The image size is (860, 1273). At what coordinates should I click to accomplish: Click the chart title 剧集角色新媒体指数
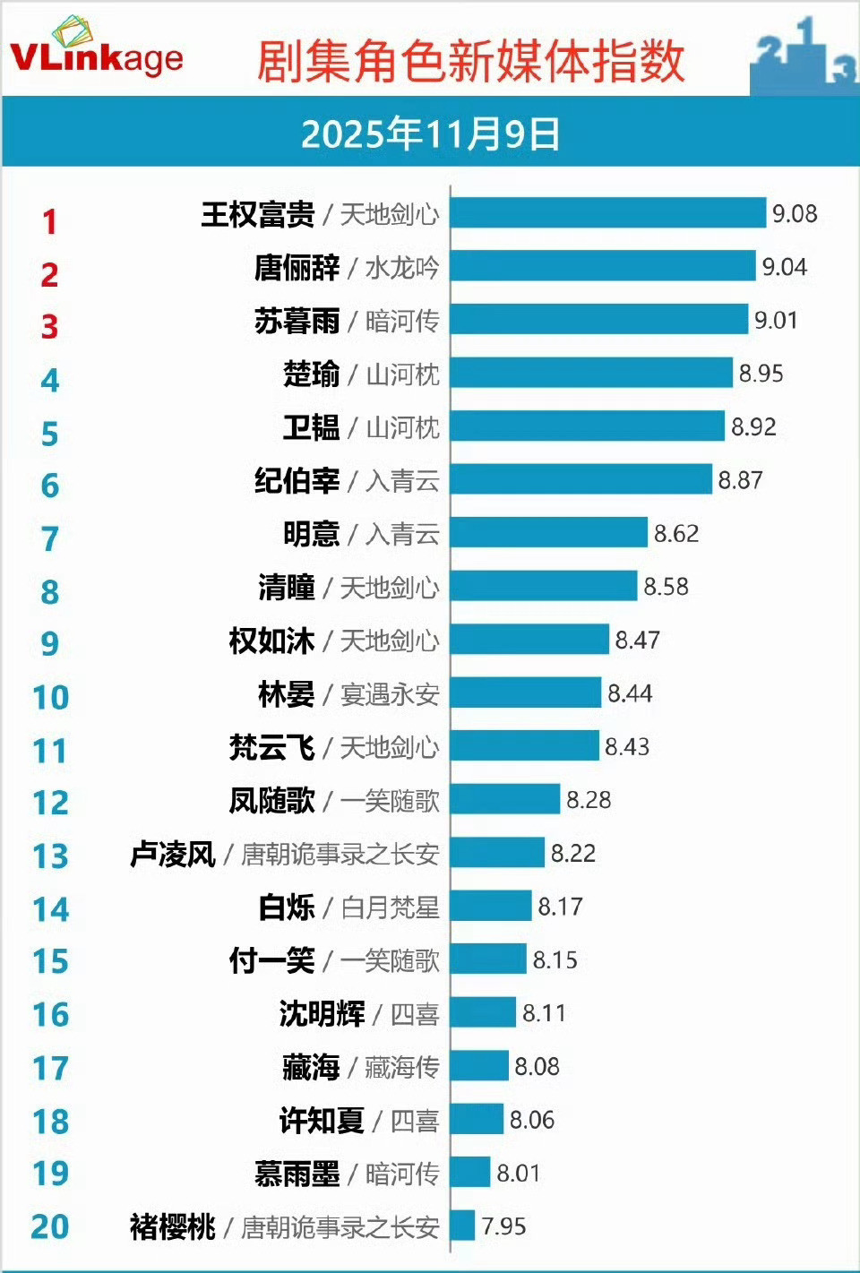coord(470,61)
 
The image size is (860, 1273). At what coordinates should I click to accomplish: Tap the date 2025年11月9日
coord(430,134)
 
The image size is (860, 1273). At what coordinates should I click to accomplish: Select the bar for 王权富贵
coord(608,213)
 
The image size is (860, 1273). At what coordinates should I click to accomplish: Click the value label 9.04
coord(784,267)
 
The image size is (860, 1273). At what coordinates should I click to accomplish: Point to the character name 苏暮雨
coord(297,321)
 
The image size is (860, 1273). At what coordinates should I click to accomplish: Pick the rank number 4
coord(50,381)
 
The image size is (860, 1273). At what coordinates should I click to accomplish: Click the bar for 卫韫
coord(587,426)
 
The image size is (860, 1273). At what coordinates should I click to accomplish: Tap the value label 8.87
coord(740,480)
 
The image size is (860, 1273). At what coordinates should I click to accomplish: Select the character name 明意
coord(311,534)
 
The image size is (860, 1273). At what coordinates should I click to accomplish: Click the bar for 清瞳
coord(544,587)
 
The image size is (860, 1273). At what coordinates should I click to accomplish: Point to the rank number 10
coord(50,698)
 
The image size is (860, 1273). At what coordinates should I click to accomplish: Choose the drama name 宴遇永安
coord(390,694)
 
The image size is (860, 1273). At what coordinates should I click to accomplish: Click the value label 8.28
coord(589,800)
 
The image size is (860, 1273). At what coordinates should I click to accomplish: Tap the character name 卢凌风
coord(173,854)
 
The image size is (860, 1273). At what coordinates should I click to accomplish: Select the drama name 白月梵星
coord(390,907)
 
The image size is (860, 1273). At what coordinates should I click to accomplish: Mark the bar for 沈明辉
coord(484,1013)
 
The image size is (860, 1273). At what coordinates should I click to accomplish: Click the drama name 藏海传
coord(402,1067)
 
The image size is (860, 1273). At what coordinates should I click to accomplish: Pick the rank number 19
coord(50,1174)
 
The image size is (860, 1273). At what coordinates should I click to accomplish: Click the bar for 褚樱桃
coord(462,1226)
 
